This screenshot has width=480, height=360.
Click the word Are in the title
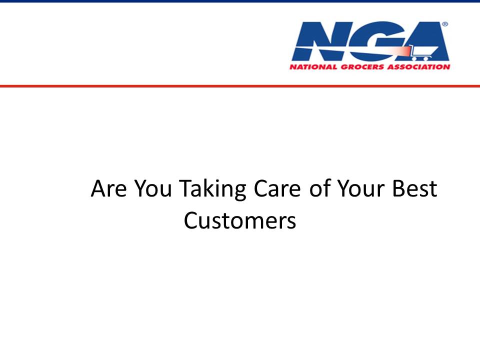pyautogui.click(x=108, y=188)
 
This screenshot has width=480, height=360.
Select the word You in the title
pyautogui.click(x=153, y=188)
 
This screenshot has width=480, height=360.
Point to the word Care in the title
pyautogui.click(x=277, y=188)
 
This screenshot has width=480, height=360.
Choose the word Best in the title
pyautogui.click(x=415, y=188)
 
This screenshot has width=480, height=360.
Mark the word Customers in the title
pyautogui.click(x=240, y=220)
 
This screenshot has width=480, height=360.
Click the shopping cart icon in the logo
pyautogui.click(x=422, y=52)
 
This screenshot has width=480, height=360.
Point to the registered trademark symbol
pyautogui.click(x=445, y=24)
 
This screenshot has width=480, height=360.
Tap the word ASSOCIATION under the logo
pyautogui.click(x=419, y=66)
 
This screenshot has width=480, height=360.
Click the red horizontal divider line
pyautogui.click(x=240, y=86)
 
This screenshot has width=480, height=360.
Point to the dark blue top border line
pyautogui.click(x=240, y=1)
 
